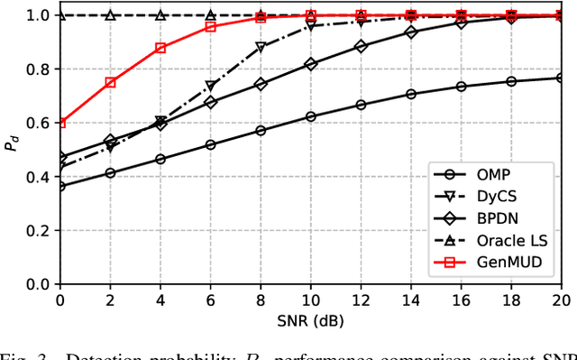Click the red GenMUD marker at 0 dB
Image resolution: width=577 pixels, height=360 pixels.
pos(60,123)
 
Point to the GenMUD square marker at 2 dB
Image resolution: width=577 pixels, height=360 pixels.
pos(110,82)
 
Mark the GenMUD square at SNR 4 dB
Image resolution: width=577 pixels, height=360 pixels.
pos(160,48)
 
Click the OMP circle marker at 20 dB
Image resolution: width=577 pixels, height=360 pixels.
pos(561,78)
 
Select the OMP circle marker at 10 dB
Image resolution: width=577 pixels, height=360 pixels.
pos(311,116)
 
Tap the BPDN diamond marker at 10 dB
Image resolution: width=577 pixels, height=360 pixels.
pos(311,65)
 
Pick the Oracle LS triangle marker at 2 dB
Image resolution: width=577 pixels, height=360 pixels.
pos(110,15)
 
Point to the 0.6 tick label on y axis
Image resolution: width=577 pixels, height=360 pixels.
pos(36,123)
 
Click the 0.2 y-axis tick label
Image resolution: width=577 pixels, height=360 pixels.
pos(36,230)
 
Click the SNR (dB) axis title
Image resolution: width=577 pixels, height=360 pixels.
pos(310,319)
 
